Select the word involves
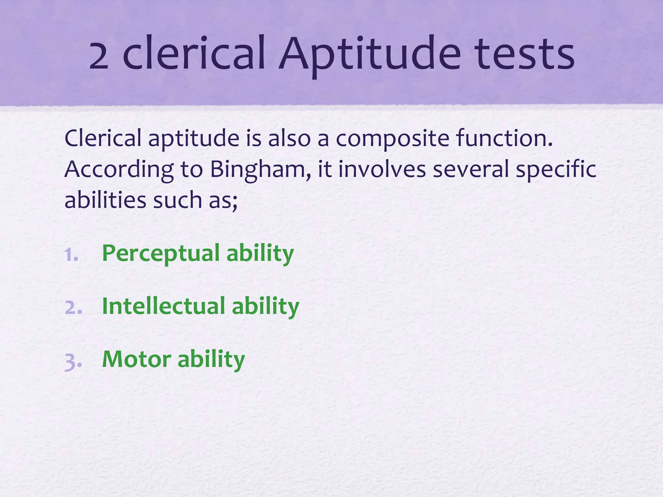pos(382,169)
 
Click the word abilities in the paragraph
pos(105,200)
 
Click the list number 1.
pos(71,255)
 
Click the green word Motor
pos(136,359)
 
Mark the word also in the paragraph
pos(289,138)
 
